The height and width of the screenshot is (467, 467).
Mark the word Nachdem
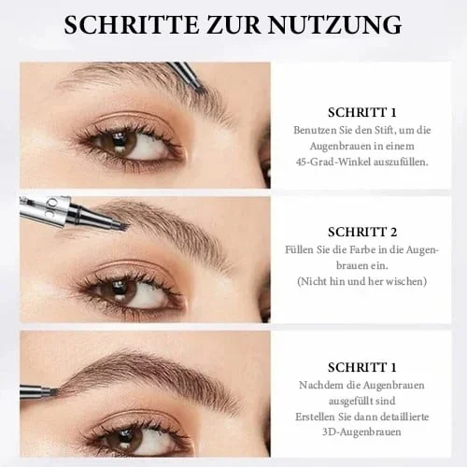tap(318, 386)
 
